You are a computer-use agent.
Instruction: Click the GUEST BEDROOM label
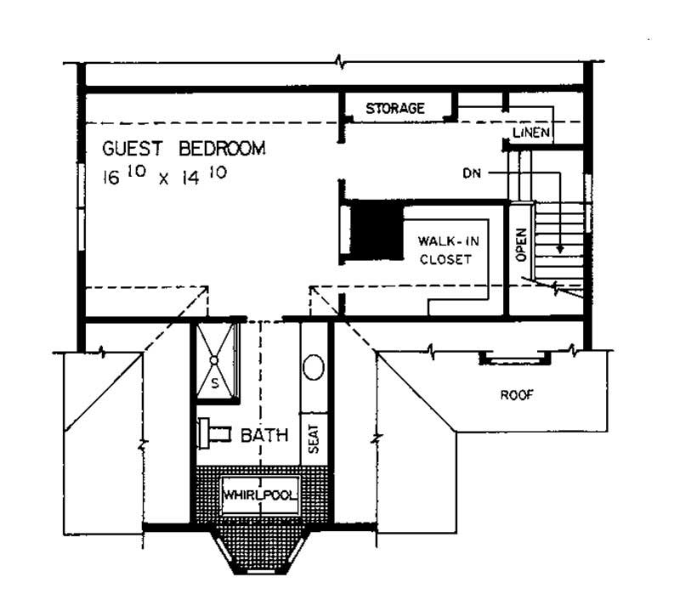tap(184, 149)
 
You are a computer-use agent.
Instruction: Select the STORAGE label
tap(394, 109)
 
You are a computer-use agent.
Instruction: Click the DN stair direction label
tap(473, 173)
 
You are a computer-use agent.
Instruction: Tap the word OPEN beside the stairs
tap(521, 244)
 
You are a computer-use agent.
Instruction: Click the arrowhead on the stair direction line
tap(559, 248)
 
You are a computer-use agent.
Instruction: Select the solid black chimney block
tap(377, 229)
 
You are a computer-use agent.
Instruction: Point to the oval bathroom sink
tap(314, 368)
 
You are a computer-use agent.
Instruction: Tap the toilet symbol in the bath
tap(212, 433)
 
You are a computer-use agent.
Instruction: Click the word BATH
tap(264, 436)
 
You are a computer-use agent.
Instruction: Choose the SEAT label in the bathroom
tap(314, 438)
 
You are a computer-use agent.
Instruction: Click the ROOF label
tap(516, 395)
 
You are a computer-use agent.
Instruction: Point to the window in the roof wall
tap(513, 359)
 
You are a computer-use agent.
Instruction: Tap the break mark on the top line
tap(342, 64)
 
